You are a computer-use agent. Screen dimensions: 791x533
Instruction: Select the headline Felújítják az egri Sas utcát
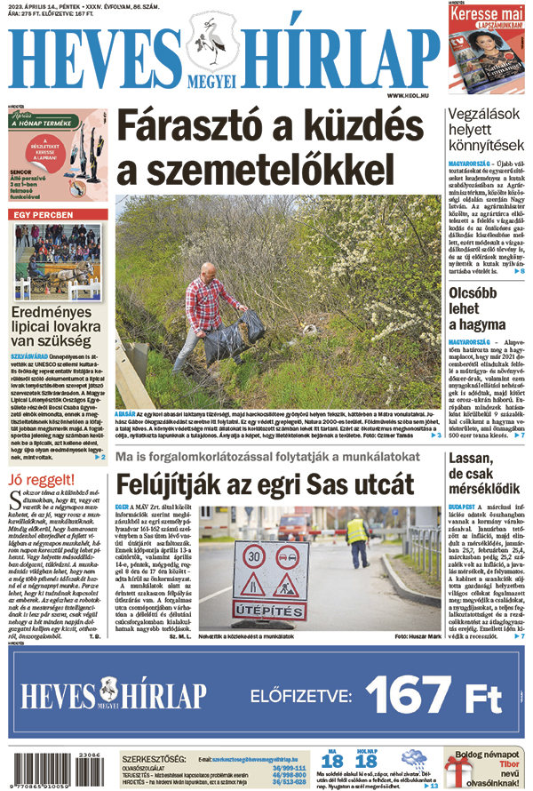266,484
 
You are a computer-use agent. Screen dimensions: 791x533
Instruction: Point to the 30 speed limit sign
253,555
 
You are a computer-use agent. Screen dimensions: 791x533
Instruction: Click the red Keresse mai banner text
489,16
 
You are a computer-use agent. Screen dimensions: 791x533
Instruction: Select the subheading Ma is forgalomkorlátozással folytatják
266,458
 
